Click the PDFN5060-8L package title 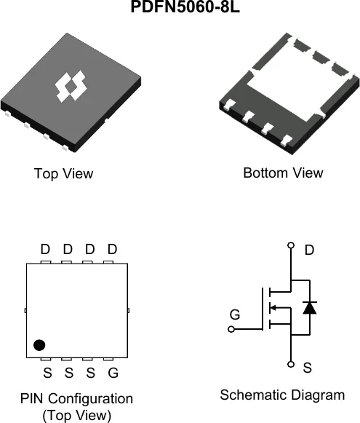coord(185,7)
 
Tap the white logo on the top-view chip coord(71,87)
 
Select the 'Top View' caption coord(63,173)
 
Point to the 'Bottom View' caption coord(283,173)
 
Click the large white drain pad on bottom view coord(299,81)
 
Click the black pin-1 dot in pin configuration coord(39,345)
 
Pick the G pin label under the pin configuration coord(113,373)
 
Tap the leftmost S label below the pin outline coord(47,373)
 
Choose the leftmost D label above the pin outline coord(45,249)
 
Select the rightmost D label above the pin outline coord(113,249)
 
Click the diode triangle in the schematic coord(310,307)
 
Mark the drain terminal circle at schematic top coord(291,245)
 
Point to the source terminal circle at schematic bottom coord(291,364)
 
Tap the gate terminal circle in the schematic coord(231,329)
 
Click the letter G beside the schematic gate coord(235,315)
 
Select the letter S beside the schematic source coord(308,368)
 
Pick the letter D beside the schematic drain coord(309,250)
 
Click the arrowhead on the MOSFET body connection coord(273,307)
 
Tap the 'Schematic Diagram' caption coord(282,395)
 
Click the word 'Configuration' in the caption coord(90,399)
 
